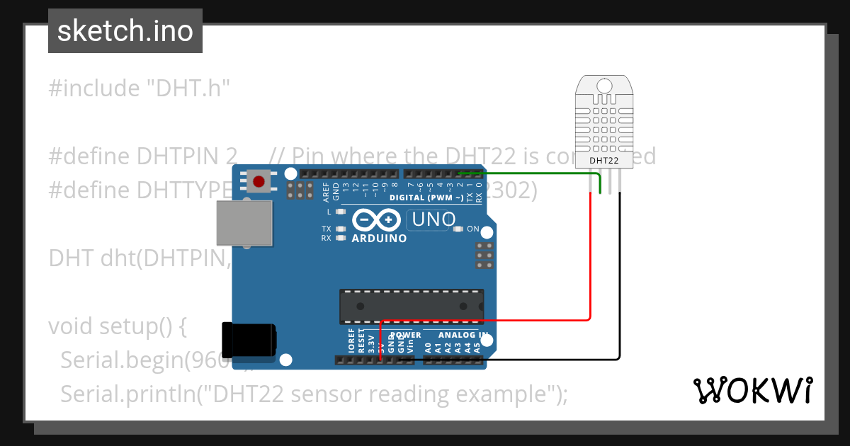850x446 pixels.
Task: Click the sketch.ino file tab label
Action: coord(125,31)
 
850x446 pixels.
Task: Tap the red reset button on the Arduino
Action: coord(259,182)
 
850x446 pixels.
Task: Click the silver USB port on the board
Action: coord(244,222)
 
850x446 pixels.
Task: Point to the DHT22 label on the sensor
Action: coord(604,161)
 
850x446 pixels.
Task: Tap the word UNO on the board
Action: coord(433,219)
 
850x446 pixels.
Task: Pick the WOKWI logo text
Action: coord(752,390)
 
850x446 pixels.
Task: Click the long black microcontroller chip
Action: coord(412,305)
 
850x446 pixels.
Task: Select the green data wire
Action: coord(538,173)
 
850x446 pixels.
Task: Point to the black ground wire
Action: coord(620,283)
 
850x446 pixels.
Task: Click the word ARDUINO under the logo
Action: coord(380,239)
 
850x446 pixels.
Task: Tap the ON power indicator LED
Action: coord(458,229)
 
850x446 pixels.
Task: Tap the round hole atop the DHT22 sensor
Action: coord(604,86)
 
